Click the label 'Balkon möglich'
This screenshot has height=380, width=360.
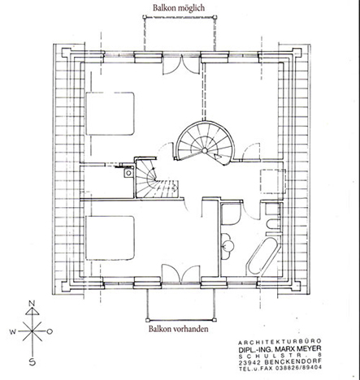coord(179,8)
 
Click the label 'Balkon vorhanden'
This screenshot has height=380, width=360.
coord(179,329)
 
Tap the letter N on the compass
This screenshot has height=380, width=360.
coord(33,303)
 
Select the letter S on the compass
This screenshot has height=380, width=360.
coord(33,362)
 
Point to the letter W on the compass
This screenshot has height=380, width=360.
coord(13,331)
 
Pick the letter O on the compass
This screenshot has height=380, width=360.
coord(50,331)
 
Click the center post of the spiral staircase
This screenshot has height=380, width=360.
coord(205,150)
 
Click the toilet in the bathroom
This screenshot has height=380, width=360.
coord(273,224)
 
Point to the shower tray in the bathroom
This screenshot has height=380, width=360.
coord(231,214)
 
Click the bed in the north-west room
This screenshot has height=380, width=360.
coord(110,114)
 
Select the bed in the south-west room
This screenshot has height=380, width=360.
coord(110,237)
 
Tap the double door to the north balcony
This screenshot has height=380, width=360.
coord(182,64)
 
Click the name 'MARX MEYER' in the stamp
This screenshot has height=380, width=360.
coord(298,348)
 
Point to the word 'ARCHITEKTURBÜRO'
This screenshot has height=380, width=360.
coord(280,341)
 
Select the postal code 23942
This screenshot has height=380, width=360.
coord(249,362)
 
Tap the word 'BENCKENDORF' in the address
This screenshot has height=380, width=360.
coord(293,362)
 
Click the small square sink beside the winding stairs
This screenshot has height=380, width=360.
coord(128,172)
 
